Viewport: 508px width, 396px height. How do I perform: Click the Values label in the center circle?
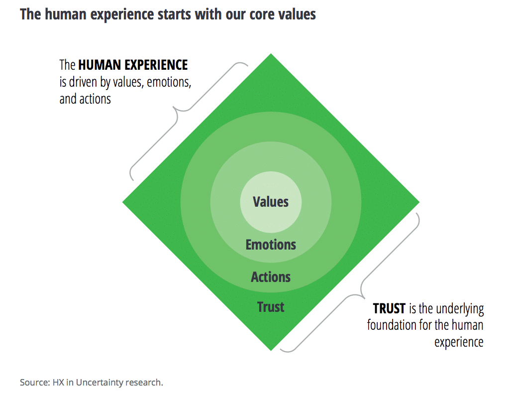pos(271,202)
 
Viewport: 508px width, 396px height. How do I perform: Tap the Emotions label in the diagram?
pos(271,245)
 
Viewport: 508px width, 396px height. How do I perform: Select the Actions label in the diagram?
pos(271,277)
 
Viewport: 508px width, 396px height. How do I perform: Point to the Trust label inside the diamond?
pos(271,307)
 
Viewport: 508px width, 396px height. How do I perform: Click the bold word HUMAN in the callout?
pos(100,65)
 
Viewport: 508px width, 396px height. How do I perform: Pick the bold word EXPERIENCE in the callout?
pos(156,65)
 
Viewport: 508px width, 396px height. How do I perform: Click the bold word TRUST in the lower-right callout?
pos(389,308)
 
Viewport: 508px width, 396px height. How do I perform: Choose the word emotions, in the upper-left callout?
pos(169,82)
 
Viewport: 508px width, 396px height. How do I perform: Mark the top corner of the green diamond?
pos(271,53)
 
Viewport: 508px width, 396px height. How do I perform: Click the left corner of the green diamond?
pos(122,202)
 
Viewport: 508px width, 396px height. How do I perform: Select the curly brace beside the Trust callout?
pos(360,291)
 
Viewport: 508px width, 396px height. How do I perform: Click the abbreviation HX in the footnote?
pos(58,383)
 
